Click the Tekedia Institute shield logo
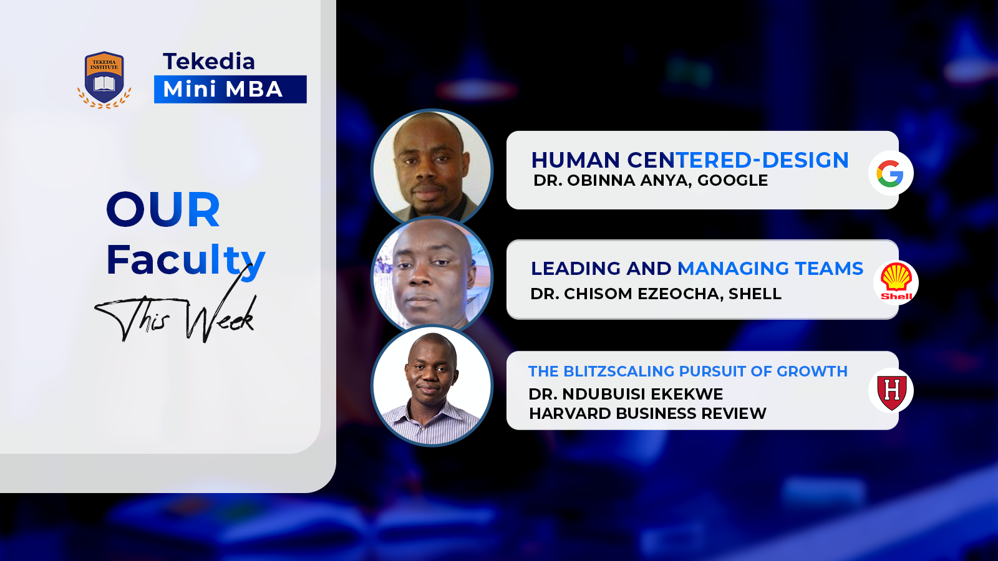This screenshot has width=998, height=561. click(x=104, y=79)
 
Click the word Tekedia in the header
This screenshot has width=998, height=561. click(x=209, y=61)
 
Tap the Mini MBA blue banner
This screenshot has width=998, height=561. click(x=230, y=89)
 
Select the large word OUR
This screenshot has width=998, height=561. click(x=163, y=209)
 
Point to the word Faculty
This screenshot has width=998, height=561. click(x=185, y=259)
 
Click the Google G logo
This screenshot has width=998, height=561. click(x=890, y=173)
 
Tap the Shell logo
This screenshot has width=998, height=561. click(x=896, y=282)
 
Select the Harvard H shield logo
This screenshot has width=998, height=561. click(x=891, y=391)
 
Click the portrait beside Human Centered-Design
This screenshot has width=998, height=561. click(x=432, y=167)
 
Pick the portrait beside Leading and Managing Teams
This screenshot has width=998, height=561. click(x=432, y=276)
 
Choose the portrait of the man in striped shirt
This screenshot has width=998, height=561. click(x=432, y=386)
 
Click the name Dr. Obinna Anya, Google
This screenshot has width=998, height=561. click(x=651, y=181)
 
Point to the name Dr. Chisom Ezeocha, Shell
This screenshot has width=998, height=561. click(x=656, y=294)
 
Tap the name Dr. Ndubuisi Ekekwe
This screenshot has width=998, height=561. click(x=626, y=394)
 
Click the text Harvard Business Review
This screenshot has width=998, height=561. click(x=647, y=413)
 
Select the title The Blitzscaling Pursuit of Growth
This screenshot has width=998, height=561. click(x=687, y=372)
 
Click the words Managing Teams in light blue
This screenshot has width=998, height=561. click(x=770, y=268)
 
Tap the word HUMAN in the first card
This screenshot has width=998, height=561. click(x=575, y=160)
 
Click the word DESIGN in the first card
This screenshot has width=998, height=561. click(x=805, y=160)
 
